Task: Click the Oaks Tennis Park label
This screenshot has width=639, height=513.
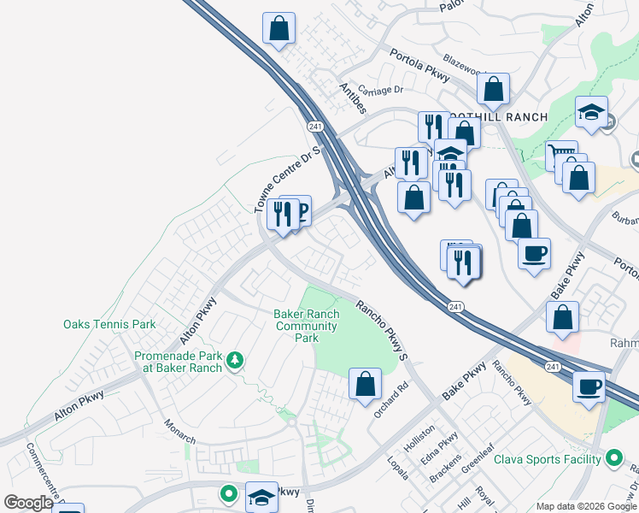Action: tap(109, 324)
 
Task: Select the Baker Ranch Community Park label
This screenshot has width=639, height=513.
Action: tap(307, 326)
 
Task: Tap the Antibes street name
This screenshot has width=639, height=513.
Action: tap(352, 98)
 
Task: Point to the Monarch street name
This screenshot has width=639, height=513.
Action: tap(180, 431)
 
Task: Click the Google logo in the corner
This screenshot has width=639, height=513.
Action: tap(28, 503)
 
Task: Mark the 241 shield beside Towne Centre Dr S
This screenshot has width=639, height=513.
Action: tap(314, 125)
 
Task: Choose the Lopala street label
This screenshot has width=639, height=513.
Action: tap(398, 469)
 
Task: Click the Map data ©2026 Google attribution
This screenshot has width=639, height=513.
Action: tap(586, 506)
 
